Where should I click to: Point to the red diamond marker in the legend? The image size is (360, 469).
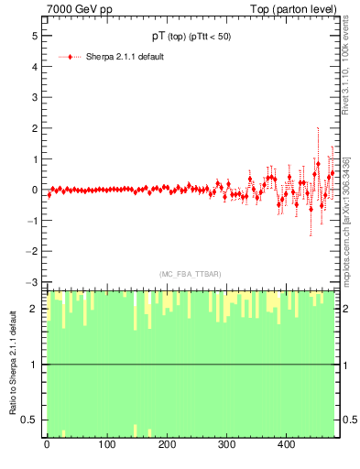[71, 57]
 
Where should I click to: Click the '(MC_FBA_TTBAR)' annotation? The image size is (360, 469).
[188, 273]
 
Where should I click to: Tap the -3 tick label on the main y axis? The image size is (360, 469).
[32, 282]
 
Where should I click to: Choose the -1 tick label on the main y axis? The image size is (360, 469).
[32, 221]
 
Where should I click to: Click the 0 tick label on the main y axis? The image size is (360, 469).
[34, 190]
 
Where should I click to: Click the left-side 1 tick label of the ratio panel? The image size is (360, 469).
[34, 365]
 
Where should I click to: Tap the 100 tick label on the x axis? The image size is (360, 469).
[106, 445]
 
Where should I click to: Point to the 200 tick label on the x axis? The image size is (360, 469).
[167, 445]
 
